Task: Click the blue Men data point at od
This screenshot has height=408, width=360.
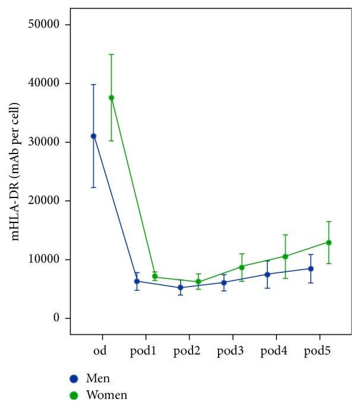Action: (x=93, y=136)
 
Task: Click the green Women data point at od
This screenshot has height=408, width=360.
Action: (x=111, y=98)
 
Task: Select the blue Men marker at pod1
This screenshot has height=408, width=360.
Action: (x=137, y=281)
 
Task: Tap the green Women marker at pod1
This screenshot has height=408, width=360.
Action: (x=155, y=277)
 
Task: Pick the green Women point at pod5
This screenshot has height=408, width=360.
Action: (x=329, y=242)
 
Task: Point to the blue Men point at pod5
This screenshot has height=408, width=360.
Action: (x=311, y=269)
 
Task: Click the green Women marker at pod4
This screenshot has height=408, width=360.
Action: (x=285, y=256)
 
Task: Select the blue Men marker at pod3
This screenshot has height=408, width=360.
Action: (x=224, y=283)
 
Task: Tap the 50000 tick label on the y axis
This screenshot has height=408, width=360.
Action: (x=46, y=24)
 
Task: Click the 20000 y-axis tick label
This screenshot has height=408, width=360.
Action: (x=46, y=201)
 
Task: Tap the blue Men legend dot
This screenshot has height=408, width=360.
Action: (x=74, y=378)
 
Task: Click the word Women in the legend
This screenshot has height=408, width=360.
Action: (x=107, y=394)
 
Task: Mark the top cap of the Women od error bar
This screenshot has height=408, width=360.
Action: (x=111, y=54)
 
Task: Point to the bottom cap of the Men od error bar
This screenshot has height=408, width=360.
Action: (x=93, y=187)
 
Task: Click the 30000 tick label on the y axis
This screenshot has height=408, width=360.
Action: (x=46, y=142)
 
